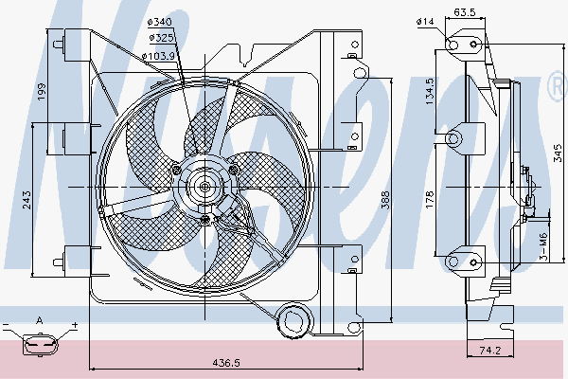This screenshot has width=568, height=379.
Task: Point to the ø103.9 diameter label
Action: (x=157, y=57)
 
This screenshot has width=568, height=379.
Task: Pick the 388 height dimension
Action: (x=384, y=199)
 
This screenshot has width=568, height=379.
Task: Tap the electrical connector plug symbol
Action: (x=39, y=347)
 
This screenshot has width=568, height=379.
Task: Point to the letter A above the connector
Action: (x=39, y=320)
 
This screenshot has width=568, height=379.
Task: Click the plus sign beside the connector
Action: (x=73, y=326)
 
